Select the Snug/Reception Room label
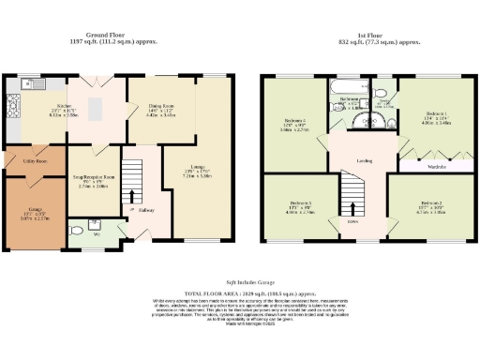[x=95, y=177]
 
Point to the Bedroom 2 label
[x=429, y=202]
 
